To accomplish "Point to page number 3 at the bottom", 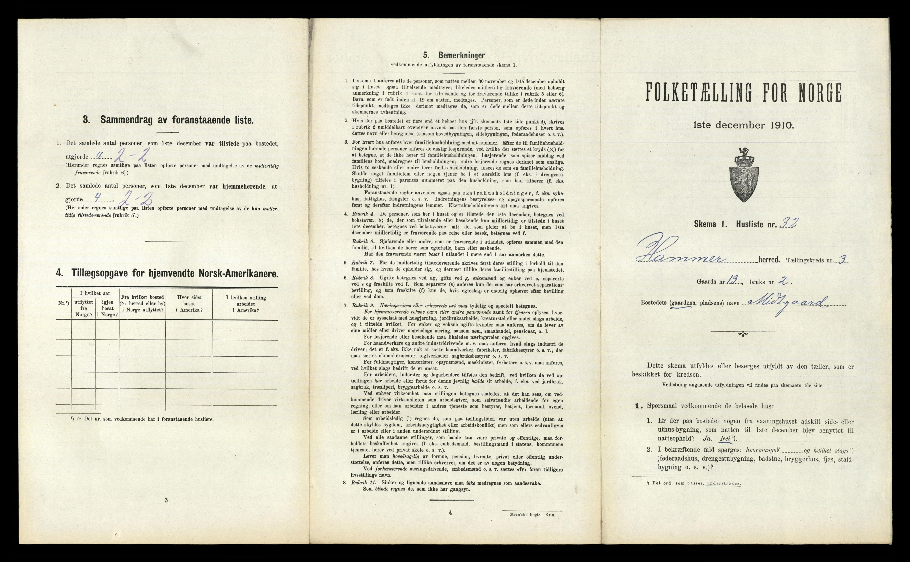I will [x=166, y=500].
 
